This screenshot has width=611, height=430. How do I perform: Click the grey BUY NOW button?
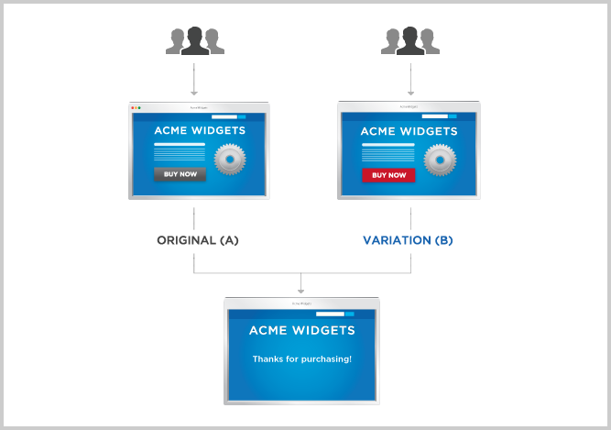pos(179,174)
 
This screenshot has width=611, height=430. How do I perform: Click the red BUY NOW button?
pos(388,175)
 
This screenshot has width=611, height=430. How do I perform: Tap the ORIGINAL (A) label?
pos(198,240)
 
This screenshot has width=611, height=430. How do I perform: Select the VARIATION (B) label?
pos(408,240)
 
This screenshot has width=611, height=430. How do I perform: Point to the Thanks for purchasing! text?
pos(301,358)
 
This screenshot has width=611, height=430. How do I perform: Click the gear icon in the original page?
pos(230,160)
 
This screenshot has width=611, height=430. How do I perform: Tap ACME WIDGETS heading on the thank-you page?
pos(301,330)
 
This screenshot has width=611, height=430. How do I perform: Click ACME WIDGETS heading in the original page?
pos(199,131)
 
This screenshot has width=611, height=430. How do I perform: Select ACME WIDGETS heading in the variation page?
pos(408,131)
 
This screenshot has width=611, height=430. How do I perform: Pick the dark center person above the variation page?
pos(410,41)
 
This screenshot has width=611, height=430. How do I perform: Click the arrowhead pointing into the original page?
pos(194,93)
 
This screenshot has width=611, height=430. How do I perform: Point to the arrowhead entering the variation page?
pos(410,93)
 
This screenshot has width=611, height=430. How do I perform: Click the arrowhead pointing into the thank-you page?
pos(301,291)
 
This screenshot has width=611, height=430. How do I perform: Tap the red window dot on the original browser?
pos(133,107)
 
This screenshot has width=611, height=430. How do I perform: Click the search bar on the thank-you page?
pos(332,313)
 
